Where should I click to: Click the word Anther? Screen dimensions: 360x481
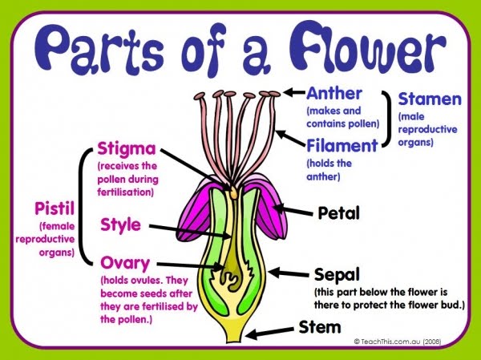click(x=334, y=93)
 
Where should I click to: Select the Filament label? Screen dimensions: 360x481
click(x=342, y=146)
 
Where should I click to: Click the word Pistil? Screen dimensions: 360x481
click(x=53, y=209)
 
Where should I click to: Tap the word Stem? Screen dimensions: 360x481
click(x=320, y=327)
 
